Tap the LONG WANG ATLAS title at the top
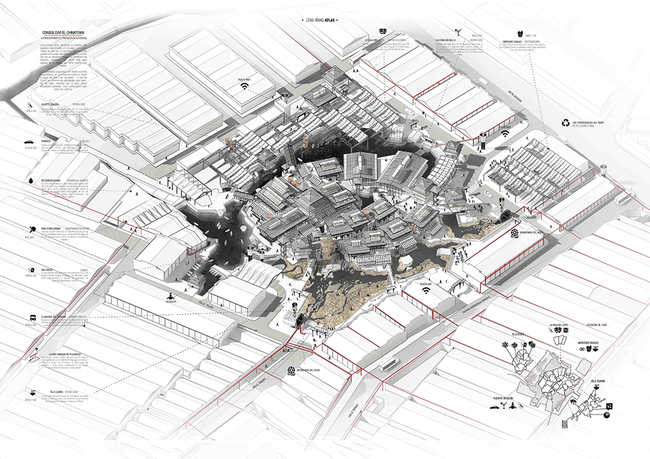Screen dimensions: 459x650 click(x=322, y=20)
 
